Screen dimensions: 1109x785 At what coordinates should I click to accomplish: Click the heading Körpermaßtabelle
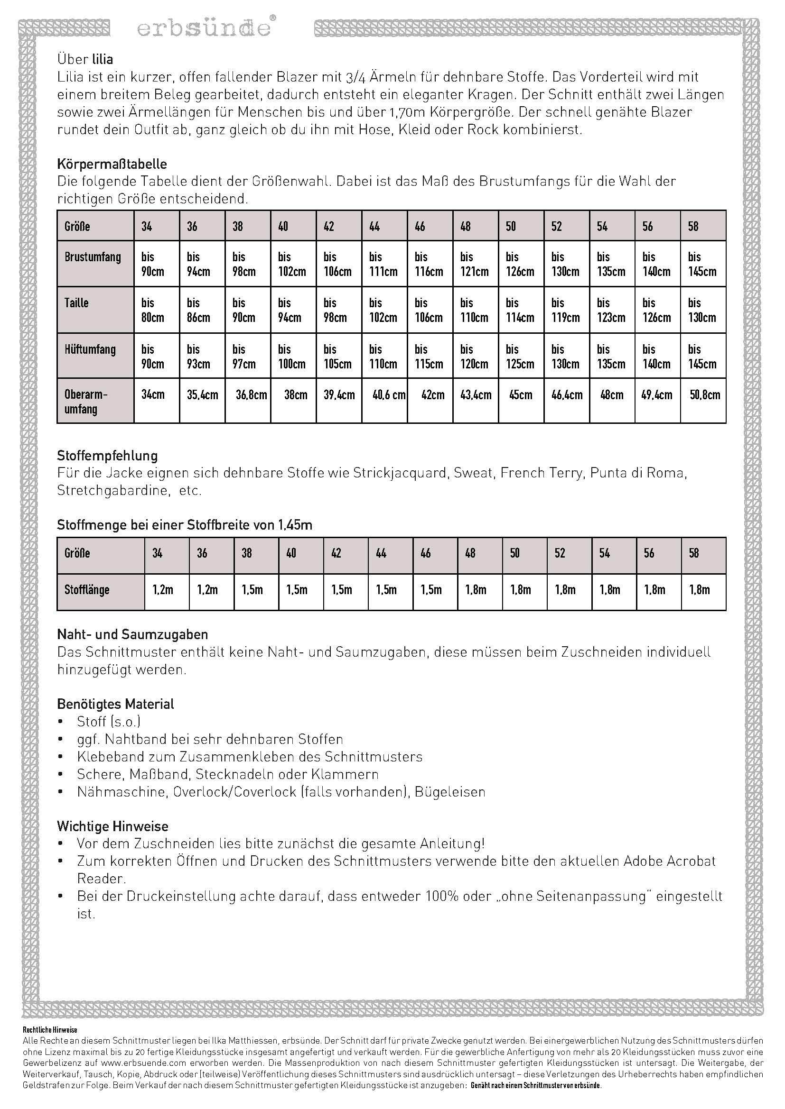pyautogui.click(x=112, y=164)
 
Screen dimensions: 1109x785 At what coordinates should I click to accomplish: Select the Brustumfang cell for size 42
pyautogui.click(x=338, y=264)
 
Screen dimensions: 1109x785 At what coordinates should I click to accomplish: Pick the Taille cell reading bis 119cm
pyautogui.click(x=567, y=310)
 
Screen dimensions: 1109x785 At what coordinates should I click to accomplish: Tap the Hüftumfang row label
pyautogui.click(x=90, y=349)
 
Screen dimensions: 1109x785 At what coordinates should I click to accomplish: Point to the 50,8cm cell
pyautogui.click(x=704, y=394)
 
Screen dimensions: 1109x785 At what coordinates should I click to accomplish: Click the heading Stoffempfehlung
pyautogui.click(x=107, y=455)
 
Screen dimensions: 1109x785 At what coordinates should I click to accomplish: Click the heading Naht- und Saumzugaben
pyautogui.click(x=132, y=634)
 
